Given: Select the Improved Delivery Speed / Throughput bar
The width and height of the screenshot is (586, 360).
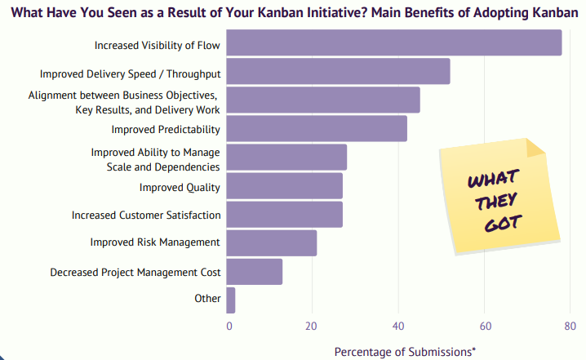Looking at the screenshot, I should click(338, 72).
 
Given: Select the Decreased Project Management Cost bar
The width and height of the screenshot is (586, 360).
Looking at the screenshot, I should click(254, 272).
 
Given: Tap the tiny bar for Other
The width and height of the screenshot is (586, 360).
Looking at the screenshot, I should click(231, 300).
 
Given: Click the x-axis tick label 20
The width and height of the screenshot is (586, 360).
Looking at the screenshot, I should click(311, 325).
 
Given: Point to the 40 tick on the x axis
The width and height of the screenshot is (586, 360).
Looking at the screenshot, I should click(397, 325).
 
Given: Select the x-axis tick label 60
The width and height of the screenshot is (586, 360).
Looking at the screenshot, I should click(484, 325).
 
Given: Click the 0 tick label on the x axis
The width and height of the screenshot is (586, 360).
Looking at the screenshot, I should click(230, 325).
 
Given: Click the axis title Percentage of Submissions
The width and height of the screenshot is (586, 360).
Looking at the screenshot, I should click(405, 351).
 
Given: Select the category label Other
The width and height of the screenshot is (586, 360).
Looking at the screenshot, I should click(207, 298).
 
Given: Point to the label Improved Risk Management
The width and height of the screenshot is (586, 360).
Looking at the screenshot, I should click(155, 242).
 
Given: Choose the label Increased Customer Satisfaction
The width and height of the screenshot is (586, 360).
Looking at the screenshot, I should click(146, 215).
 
